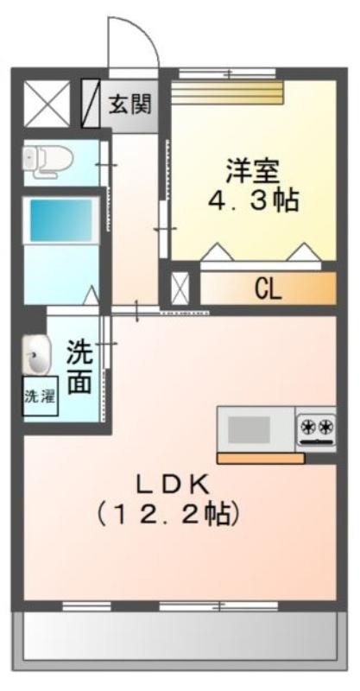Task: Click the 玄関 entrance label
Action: tap(130, 104)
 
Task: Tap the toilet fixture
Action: tap(47, 161)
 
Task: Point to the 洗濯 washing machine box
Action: tap(40, 396)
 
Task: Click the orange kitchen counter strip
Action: tap(261, 459)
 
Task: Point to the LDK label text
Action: tap(172, 486)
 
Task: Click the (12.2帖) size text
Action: tap(167, 514)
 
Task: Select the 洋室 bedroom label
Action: tap(252, 171)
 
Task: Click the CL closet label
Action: tap(268, 289)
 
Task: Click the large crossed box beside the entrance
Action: tap(47, 104)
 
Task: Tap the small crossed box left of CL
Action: tap(180, 289)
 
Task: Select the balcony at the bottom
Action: tap(180, 640)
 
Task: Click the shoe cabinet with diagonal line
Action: tap(91, 104)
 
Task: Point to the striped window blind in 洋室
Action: tap(226, 93)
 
